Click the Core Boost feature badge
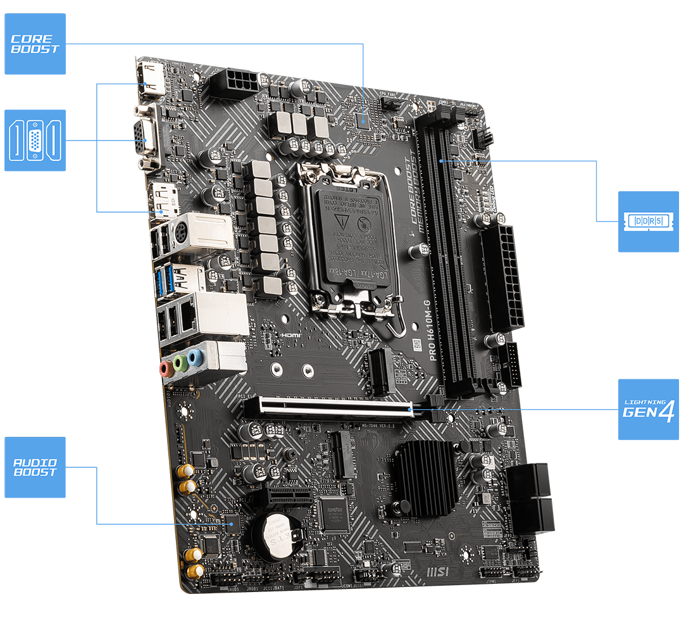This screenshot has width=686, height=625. [x=35, y=44]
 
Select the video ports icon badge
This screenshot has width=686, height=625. [x=35, y=141]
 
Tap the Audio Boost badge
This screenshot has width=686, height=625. [x=35, y=467]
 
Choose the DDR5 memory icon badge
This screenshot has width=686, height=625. [x=647, y=222]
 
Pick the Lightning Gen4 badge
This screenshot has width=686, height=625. [x=647, y=409]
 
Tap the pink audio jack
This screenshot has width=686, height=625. [x=166, y=367]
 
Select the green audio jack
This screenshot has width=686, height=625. [x=181, y=363]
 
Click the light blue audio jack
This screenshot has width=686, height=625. [x=196, y=358]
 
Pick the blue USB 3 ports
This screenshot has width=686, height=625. [x=163, y=278]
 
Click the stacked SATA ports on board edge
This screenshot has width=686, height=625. [x=530, y=497]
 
